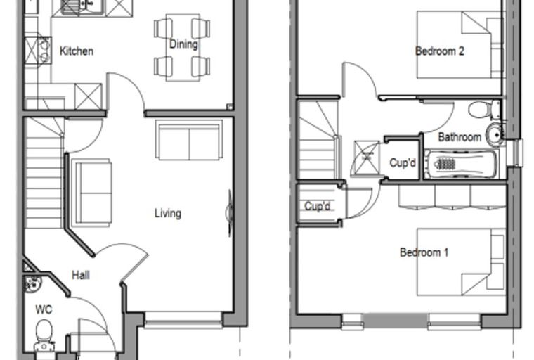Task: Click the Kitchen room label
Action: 77,51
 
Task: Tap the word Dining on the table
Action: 183,44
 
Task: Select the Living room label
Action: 168,214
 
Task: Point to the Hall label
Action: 81,275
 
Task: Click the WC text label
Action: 44,309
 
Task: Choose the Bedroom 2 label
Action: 440,51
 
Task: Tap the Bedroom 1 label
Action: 424,252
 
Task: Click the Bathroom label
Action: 460,137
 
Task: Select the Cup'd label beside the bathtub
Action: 403,163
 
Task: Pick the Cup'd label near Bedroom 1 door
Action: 318,206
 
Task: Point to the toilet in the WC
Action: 44,335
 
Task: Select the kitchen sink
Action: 82,8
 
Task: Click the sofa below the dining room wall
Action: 189,140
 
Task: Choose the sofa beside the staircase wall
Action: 92,193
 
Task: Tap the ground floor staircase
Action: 44,174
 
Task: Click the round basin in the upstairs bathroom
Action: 495,134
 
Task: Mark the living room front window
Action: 183,321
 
